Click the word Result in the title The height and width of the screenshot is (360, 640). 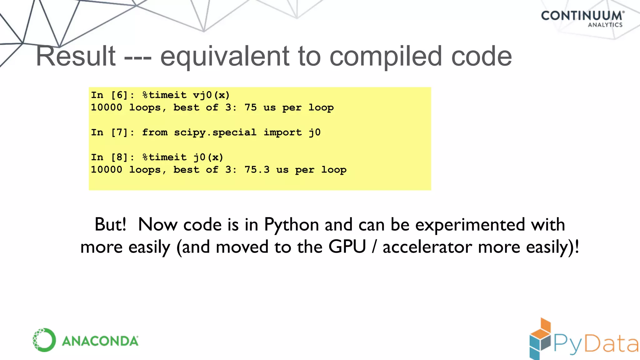click(76, 56)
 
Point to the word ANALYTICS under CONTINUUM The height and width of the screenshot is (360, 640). click(605, 25)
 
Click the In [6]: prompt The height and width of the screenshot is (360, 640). click(112, 95)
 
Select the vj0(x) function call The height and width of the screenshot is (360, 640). click(211, 95)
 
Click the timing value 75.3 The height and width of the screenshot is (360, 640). click(257, 170)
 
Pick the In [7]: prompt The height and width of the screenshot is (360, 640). click(112, 132)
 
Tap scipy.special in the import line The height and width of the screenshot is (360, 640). click(215, 132)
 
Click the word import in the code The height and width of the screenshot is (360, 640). click(283, 132)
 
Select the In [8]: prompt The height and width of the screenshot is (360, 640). click(112, 157)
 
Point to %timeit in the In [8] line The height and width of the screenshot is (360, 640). click(164, 157)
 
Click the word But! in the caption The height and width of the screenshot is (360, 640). click(110, 224)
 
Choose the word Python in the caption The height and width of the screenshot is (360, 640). click(291, 225)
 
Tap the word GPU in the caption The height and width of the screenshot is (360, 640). click(347, 247)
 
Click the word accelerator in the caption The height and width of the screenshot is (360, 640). click(427, 247)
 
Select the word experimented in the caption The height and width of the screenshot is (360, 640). click(470, 225)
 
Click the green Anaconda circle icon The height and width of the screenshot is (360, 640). click(44, 340)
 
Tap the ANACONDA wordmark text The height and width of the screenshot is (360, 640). click(100, 341)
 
